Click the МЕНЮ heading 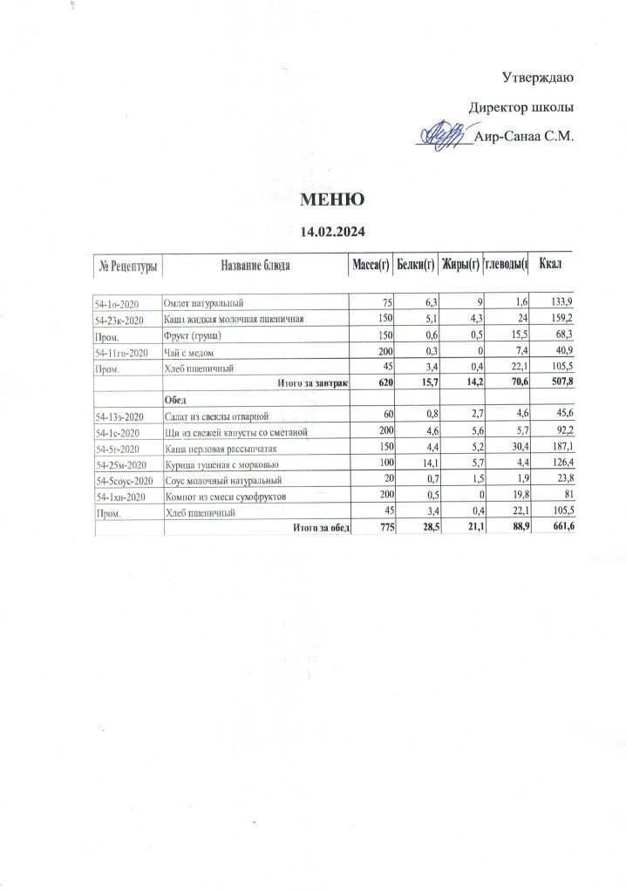331,199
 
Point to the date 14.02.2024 331,232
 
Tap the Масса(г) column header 369,265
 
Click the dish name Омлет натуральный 203,303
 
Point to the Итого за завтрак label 312,382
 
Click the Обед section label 174,398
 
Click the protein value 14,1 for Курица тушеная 425,463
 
